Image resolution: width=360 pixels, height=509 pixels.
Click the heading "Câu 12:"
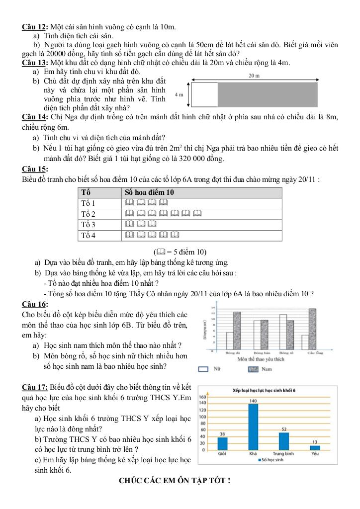pyautogui.click(x=35, y=26)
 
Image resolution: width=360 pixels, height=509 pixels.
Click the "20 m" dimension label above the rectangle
pyautogui.click(x=254, y=76)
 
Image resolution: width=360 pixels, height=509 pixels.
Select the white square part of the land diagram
pyautogui.click(x=205, y=94)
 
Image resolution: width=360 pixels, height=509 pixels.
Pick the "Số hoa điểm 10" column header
pyautogui.click(x=149, y=192)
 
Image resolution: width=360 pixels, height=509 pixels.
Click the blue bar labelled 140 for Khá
pyautogui.click(x=253, y=427)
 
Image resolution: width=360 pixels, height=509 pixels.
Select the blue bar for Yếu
pyautogui.click(x=315, y=447)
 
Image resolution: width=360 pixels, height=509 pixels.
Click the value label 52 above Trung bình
pyautogui.click(x=284, y=428)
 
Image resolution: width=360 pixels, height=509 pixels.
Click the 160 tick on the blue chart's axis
pyautogui.click(x=202, y=397)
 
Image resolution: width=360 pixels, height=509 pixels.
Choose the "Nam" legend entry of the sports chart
pyautogui.click(x=262, y=369)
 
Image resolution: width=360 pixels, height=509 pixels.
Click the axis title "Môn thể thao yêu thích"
pyautogui.click(x=261, y=358)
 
